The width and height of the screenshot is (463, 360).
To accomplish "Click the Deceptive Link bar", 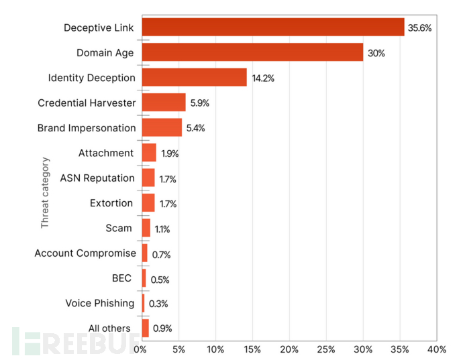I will tap(272, 27).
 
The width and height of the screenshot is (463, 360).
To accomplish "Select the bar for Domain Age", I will tap(252, 52).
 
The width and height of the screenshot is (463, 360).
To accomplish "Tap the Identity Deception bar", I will tap(194, 78).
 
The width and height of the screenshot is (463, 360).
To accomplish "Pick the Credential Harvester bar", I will tap(163, 103).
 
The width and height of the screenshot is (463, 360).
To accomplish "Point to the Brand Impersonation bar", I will tap(161, 127).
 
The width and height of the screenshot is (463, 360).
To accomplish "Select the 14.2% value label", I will tap(263, 78).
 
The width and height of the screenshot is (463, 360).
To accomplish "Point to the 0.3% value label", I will tap(158, 304).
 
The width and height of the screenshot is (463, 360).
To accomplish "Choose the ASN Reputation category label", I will tap(97, 178).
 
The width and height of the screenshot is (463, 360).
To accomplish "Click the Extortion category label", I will tap(111, 203).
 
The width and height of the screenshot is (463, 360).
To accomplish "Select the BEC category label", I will tap(121, 278).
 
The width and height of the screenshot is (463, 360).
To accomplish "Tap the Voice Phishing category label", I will tap(99, 303).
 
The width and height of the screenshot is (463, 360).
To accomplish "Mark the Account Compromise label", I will tap(85, 253).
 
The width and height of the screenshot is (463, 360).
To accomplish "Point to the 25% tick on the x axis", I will tap(326, 349).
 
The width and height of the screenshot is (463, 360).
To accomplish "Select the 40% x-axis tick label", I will tap(436, 349).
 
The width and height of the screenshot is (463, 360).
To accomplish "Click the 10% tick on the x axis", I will tap(215, 349).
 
